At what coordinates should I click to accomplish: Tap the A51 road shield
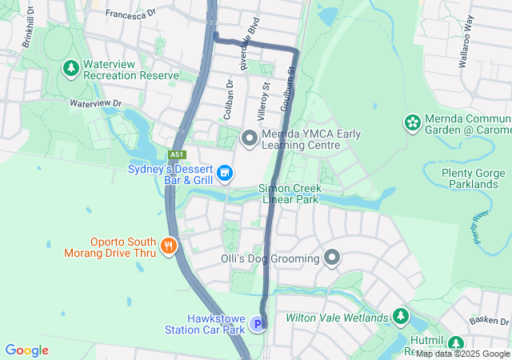point(177,154)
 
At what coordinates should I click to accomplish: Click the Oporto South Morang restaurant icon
point(168,246)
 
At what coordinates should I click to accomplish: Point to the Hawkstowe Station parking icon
point(257,323)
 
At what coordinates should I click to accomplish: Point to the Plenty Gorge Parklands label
point(474,178)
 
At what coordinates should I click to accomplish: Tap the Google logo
point(26,350)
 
